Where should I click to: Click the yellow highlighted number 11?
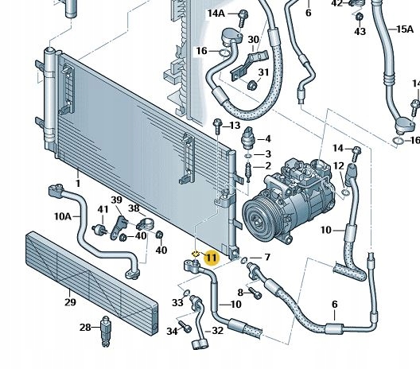point(211,257)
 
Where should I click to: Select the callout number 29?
point(70,302)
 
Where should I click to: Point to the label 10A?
point(62,216)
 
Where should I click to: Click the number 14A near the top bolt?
point(216,14)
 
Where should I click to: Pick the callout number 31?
point(263,73)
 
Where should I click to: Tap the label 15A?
point(405,29)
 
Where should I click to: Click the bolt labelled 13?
point(217,124)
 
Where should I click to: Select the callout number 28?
point(85,328)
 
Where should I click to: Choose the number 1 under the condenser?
point(78,184)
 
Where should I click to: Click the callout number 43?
point(360,31)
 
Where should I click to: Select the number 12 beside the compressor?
point(339,165)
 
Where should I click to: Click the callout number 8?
point(239,293)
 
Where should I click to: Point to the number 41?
point(103,209)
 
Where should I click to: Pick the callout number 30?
point(253,40)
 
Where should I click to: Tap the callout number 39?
point(117,200)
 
